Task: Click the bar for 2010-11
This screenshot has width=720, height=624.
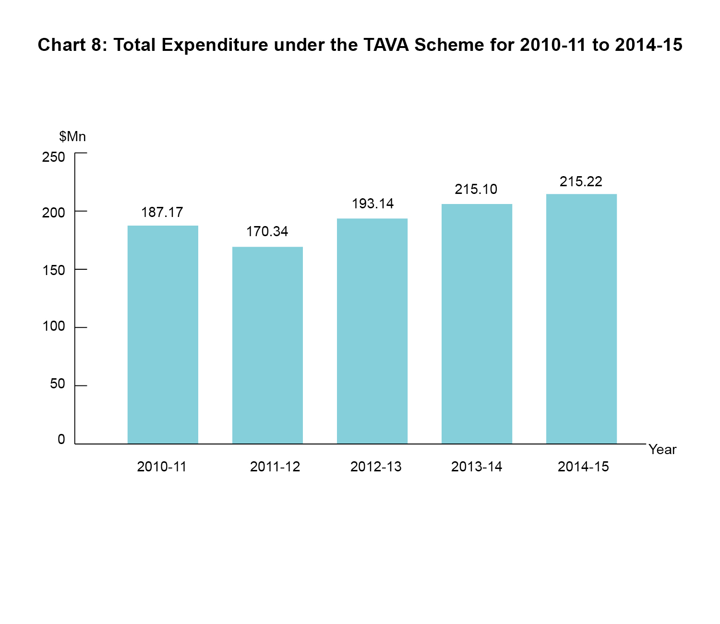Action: click(163, 335)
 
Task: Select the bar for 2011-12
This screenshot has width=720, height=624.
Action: click(267, 345)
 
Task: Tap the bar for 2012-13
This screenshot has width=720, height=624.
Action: click(372, 331)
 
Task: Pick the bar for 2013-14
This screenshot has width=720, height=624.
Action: click(477, 324)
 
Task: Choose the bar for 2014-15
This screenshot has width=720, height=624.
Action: click(581, 319)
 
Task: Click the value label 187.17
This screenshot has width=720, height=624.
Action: click(162, 212)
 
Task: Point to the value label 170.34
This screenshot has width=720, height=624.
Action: click(267, 231)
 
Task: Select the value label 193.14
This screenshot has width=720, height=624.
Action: click(372, 204)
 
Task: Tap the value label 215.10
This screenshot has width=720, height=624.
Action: click(476, 189)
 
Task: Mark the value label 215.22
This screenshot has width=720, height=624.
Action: click(581, 181)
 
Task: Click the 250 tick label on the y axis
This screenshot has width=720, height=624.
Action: click(53, 157)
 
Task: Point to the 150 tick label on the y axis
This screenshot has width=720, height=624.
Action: click(53, 270)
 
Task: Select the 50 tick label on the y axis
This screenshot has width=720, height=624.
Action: click(57, 384)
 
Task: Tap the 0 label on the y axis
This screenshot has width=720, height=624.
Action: click(61, 439)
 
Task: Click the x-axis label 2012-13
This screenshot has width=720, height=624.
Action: click(376, 467)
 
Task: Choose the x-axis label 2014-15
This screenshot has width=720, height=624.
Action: click(583, 467)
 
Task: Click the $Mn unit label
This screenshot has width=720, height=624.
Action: click(72, 137)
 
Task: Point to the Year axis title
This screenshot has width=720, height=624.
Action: click(662, 450)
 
